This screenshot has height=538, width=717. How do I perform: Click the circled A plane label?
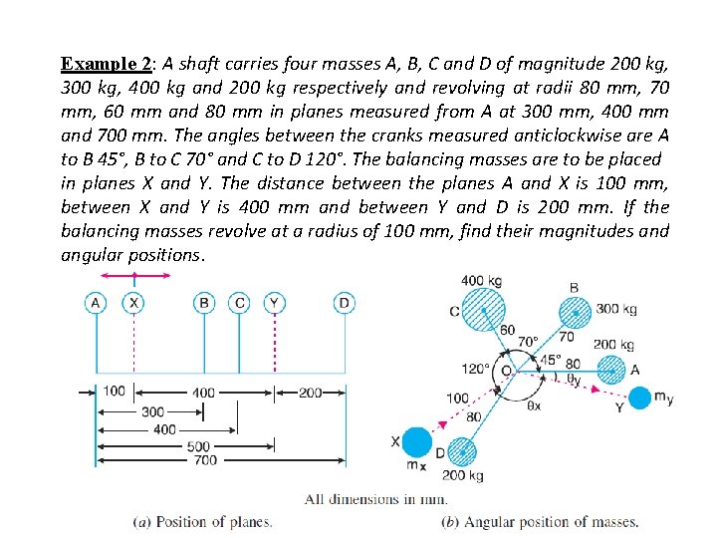coord(96,302)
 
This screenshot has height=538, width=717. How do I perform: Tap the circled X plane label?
coord(134,302)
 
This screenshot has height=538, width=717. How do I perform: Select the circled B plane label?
coord(204,302)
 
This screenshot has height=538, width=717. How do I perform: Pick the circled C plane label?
coord(239,302)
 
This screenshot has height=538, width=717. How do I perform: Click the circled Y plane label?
coord(275,302)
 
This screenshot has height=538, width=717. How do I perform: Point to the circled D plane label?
coord(344,302)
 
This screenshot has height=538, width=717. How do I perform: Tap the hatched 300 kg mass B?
coord(573,309)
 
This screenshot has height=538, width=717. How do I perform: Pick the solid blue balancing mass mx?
coord(417,442)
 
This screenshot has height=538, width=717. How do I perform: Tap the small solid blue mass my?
coord(641,398)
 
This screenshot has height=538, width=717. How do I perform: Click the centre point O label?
coord(506,370)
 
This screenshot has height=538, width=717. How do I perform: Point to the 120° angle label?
coord(474,370)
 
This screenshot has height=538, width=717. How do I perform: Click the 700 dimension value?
coord(205,460)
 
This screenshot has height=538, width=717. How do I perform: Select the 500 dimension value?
coord(199,446)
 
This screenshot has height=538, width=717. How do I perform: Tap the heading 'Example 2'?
coord(105,64)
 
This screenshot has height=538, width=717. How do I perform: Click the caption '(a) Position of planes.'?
coord(203,522)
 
